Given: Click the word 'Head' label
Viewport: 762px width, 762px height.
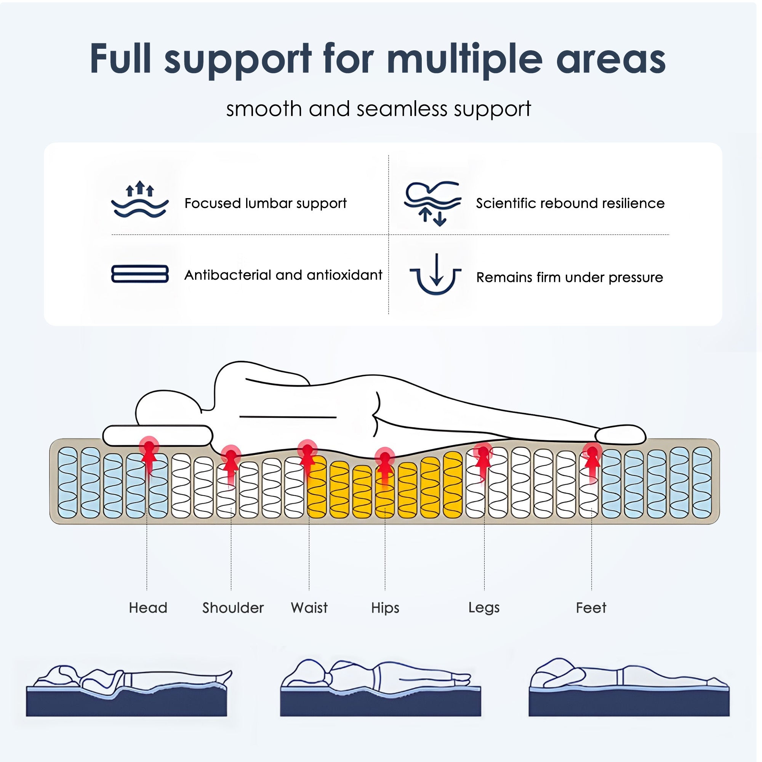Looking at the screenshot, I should click(148, 608).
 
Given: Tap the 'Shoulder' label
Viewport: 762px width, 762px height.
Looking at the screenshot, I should click(233, 608).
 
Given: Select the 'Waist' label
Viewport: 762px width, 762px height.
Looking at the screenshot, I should click(309, 608).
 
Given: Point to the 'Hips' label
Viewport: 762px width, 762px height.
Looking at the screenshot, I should click(385, 608).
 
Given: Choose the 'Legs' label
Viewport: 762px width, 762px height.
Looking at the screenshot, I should click(484, 608).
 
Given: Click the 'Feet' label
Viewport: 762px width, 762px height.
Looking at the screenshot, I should click(591, 608).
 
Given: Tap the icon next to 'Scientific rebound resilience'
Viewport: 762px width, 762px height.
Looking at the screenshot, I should click(433, 203).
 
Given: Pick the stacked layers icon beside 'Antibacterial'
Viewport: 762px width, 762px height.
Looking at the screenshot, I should click(140, 274).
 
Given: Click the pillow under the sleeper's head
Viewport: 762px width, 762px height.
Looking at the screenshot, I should click(158, 436).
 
